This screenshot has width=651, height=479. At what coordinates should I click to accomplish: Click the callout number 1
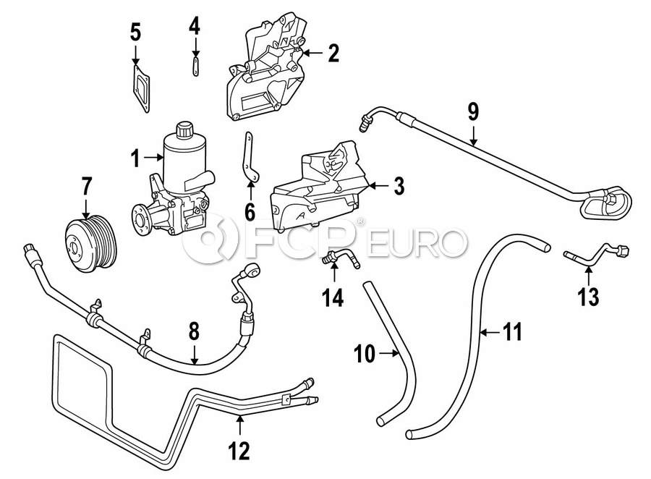coord(135,156)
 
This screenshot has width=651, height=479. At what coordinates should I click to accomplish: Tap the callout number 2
coord(333,52)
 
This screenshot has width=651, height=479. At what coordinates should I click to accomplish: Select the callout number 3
coord(397,187)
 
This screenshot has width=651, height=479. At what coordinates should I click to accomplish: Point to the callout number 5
coord(135,32)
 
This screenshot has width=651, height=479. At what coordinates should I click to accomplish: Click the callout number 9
coord(473,111)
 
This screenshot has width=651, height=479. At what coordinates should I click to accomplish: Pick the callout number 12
coord(238,452)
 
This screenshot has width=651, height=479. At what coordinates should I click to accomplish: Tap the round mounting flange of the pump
coord(143,216)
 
